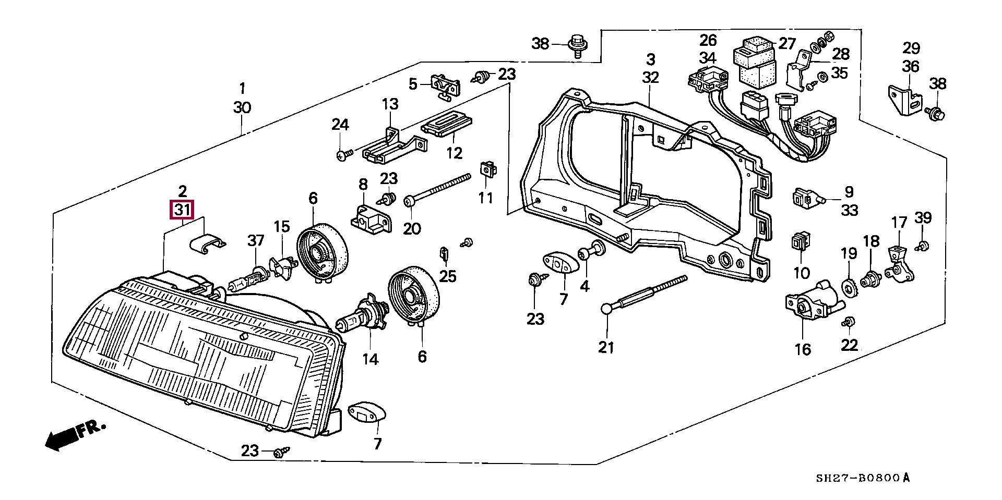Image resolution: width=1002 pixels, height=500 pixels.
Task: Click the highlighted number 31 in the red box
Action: pyautogui.click(x=182, y=210)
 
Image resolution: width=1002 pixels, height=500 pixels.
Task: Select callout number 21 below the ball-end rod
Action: pyautogui.click(x=606, y=347)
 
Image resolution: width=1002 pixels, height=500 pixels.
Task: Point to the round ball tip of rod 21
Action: pyautogui.click(x=606, y=309)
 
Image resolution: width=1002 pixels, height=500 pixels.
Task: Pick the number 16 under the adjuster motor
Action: pyautogui.click(x=803, y=349)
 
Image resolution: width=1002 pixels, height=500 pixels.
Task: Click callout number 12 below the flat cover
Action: pyautogui.click(x=454, y=153)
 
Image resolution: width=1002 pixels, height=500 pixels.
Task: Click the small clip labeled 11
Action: pyautogui.click(x=487, y=168)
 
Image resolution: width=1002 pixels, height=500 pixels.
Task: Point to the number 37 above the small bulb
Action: pyautogui.click(x=256, y=240)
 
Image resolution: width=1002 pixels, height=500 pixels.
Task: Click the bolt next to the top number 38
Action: pyautogui.click(x=578, y=45)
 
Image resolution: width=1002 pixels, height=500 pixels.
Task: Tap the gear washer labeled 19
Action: pyautogui.click(x=849, y=287)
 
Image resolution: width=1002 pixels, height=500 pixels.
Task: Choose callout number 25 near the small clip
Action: pyautogui.click(x=447, y=276)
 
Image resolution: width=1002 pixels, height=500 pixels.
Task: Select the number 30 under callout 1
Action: pyautogui.click(x=242, y=108)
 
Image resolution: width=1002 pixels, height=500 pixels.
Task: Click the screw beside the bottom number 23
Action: pyautogui.click(x=281, y=452)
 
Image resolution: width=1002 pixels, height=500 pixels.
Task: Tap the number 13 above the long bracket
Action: pyautogui.click(x=390, y=104)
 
